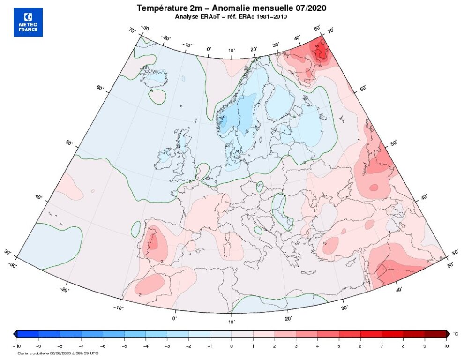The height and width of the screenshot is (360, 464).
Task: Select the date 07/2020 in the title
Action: pos(309,8)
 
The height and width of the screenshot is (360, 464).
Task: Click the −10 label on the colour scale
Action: pos(16,346)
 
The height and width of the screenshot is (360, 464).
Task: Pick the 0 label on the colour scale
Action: pos(232,346)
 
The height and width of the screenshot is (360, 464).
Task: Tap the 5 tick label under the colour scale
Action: pos(339,346)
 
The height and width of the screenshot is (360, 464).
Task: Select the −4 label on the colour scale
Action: pos(145,346)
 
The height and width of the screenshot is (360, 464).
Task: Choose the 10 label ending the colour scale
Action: pos(446,346)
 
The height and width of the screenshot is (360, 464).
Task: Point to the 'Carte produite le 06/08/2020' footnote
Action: pos(51,353)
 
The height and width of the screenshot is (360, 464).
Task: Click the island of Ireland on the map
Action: pos(165,157)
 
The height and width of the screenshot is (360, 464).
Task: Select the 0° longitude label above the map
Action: pos(209,49)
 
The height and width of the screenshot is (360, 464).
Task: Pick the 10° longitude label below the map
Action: pos(232,322)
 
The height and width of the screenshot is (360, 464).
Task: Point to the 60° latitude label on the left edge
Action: pos(100,88)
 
